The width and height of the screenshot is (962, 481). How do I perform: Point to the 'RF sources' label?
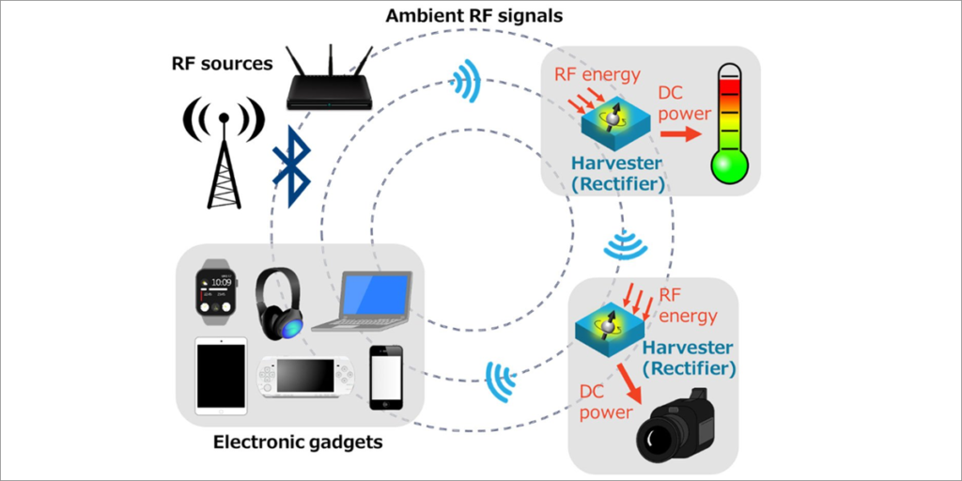222,64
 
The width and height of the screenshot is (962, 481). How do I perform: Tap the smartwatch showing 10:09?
214,291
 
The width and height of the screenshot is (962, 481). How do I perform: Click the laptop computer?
366,301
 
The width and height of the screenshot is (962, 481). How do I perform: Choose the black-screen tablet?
221,376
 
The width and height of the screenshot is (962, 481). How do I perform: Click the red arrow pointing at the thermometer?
680,134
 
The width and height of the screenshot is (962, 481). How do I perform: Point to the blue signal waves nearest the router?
468,82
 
